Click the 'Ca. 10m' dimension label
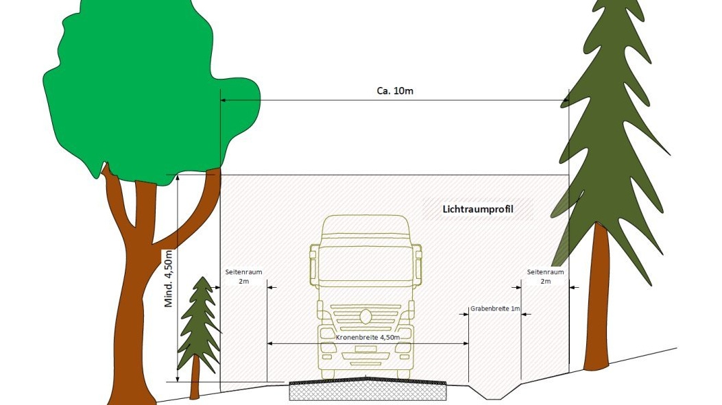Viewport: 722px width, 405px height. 395,92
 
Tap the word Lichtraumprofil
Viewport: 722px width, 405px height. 478,208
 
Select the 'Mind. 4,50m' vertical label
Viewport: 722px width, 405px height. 169,278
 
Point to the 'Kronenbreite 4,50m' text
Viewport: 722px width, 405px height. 368,338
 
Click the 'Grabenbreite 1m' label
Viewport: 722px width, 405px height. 495,309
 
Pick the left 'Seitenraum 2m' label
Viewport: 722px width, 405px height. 243,276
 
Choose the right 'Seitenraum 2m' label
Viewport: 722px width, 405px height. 545,276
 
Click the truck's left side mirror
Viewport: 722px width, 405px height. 313,265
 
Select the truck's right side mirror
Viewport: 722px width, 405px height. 418,265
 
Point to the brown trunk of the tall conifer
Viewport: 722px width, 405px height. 596,302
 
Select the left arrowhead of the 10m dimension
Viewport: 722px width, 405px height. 224,101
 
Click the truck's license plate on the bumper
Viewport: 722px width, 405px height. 365,349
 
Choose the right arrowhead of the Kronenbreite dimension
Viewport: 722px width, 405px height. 466,343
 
